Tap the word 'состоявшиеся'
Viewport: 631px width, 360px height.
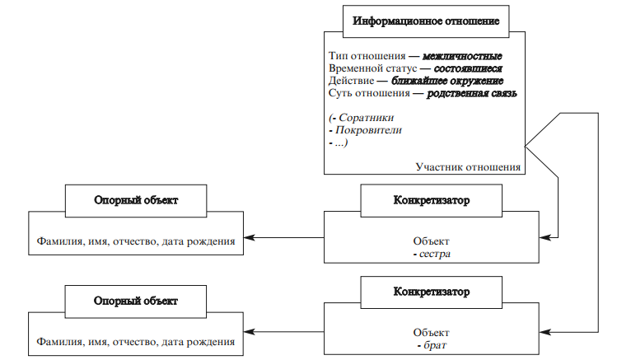467,68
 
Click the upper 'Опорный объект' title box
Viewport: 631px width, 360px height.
135,199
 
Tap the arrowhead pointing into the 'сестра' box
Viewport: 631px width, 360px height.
547,240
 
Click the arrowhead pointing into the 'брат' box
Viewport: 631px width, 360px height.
547,331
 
